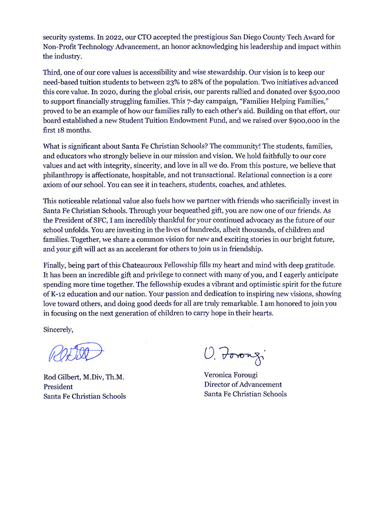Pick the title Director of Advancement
(x=243, y=384)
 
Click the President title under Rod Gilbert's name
(x=58, y=387)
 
